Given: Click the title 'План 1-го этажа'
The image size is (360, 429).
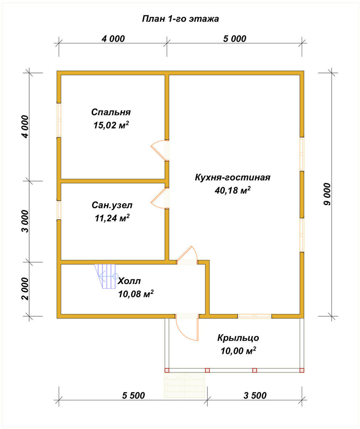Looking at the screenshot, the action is coord(180,19).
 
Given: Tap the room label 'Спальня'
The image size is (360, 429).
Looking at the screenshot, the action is coord(111,112).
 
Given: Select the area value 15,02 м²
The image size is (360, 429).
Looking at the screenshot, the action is coord(111,125).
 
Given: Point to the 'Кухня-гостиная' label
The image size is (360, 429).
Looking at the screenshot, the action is coord(232,177).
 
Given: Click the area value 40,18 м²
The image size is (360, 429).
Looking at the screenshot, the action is coord(232,190).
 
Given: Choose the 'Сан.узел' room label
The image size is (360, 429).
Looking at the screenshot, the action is coord(112,205).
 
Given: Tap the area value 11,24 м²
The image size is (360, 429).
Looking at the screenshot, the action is coord(112,218).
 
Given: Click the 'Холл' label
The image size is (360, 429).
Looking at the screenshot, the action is coord(129,281).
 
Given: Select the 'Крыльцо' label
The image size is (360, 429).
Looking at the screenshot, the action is coord(238,338).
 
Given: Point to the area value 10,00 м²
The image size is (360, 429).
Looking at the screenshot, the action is coord(238,351).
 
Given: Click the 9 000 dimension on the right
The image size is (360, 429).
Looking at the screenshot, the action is coord(327,194).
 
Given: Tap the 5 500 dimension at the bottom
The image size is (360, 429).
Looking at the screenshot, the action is coord(133,396).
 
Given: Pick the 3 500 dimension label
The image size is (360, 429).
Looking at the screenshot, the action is coord(255,396).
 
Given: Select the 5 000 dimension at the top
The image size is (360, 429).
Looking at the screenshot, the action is coord(234,39).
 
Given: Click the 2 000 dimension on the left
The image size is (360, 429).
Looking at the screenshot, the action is coord(25,289).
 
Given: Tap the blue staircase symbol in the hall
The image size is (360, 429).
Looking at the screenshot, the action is coord(105,276).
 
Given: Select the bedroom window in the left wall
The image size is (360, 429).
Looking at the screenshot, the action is coord(59,120).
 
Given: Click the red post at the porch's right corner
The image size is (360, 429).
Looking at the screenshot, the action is coord(302,371).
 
